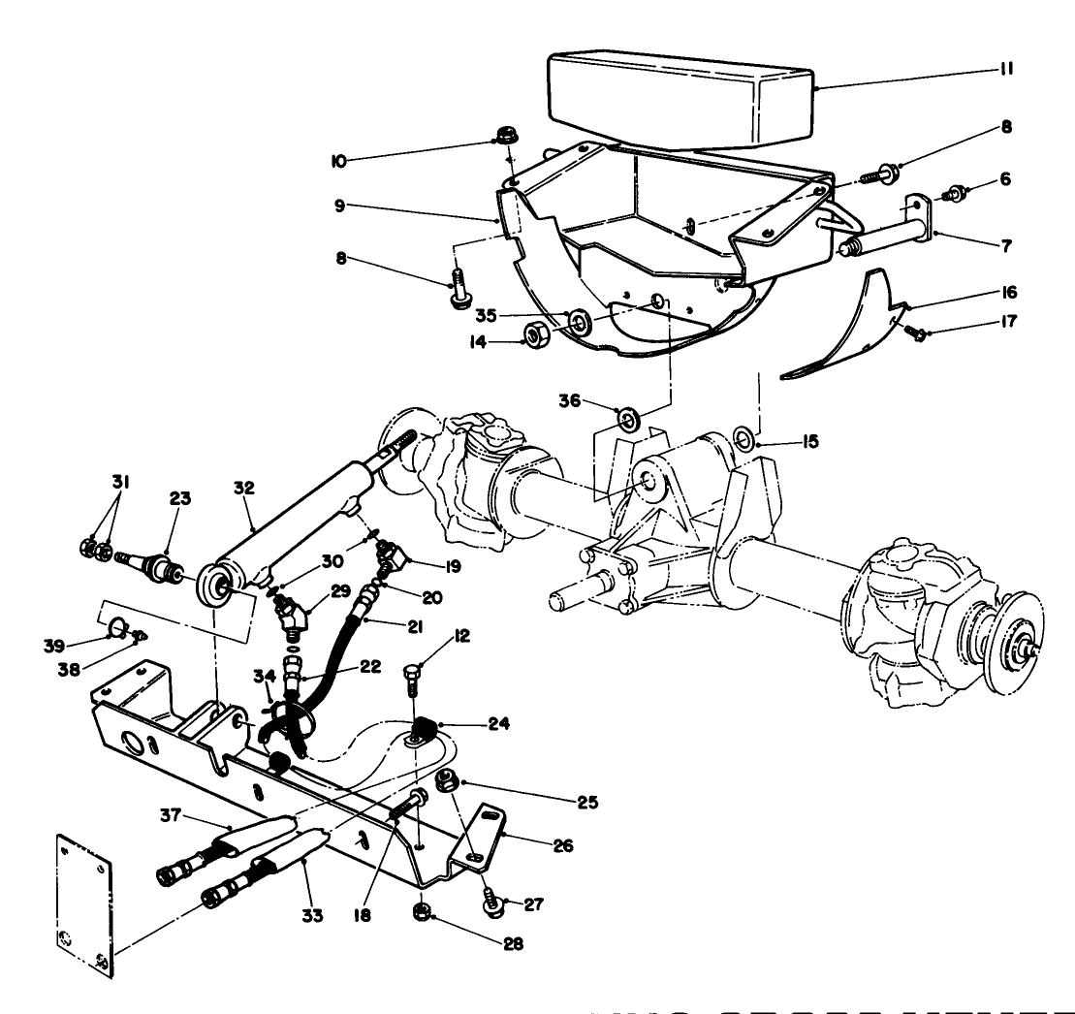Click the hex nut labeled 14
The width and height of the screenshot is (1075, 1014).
[532, 336]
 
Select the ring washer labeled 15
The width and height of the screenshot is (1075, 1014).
[743, 439]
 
